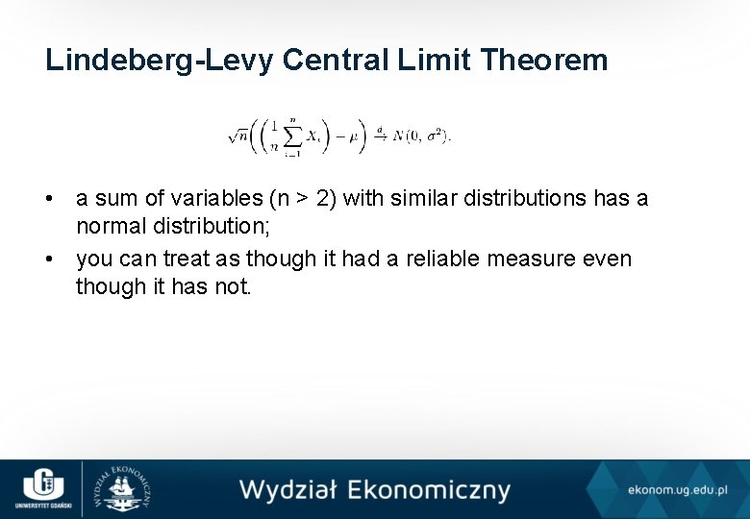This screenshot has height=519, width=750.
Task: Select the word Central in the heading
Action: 337,60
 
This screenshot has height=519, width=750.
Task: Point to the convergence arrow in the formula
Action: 380,135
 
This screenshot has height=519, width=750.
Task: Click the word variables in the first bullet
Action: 194,199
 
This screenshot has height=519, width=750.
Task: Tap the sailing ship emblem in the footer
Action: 122,489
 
